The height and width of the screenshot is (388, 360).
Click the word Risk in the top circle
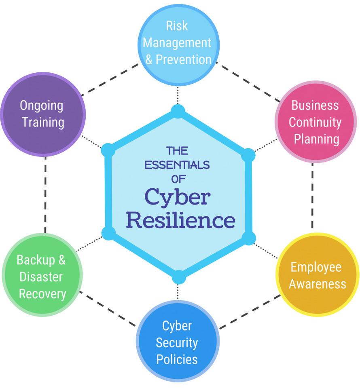(x=177, y=26)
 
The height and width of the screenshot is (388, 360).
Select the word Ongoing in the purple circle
(x=42, y=106)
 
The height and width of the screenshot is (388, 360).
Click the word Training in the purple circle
(x=43, y=122)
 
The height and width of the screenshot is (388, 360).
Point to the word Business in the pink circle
(x=315, y=105)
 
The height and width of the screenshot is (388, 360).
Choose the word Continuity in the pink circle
(x=315, y=122)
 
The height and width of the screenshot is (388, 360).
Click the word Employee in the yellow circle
(x=316, y=267)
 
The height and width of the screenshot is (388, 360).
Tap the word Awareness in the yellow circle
(x=317, y=284)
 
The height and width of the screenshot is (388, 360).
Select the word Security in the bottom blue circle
(x=177, y=343)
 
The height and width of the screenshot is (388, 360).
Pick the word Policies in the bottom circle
(x=177, y=359)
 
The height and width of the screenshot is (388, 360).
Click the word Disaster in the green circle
(x=41, y=277)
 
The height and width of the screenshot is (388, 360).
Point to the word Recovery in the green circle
(x=42, y=294)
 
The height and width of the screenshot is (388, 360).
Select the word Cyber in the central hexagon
(x=178, y=198)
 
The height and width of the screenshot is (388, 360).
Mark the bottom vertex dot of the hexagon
(x=178, y=278)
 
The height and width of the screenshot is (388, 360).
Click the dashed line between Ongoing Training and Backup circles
(x=45, y=194)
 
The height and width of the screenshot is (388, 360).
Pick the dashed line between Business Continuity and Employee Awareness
(x=313, y=198)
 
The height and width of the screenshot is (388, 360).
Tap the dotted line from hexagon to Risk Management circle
(x=178, y=96)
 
